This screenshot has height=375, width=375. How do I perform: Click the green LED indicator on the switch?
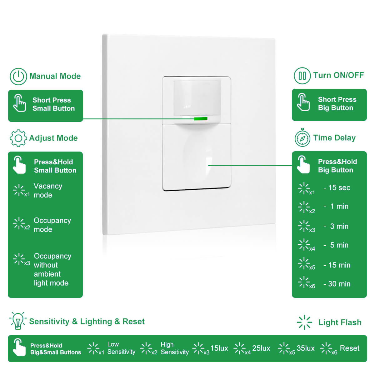(200, 119)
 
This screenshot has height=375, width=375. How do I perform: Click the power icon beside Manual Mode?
(18, 76)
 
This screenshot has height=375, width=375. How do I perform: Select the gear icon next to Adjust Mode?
(18, 138)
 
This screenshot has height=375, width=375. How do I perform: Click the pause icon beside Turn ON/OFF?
(302, 76)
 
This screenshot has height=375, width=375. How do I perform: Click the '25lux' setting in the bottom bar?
(261, 348)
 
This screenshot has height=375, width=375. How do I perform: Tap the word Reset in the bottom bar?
(349, 348)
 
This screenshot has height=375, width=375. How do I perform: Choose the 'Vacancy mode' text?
(48, 191)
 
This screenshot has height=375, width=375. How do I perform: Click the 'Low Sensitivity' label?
(121, 348)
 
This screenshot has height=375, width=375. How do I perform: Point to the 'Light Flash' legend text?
(340, 322)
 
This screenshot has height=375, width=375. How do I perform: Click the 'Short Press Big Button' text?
(337, 104)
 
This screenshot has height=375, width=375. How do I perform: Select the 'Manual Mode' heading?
(55, 76)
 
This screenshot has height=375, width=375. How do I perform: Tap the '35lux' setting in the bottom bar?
(306, 348)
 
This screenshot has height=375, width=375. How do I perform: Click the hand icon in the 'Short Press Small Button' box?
(19, 103)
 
